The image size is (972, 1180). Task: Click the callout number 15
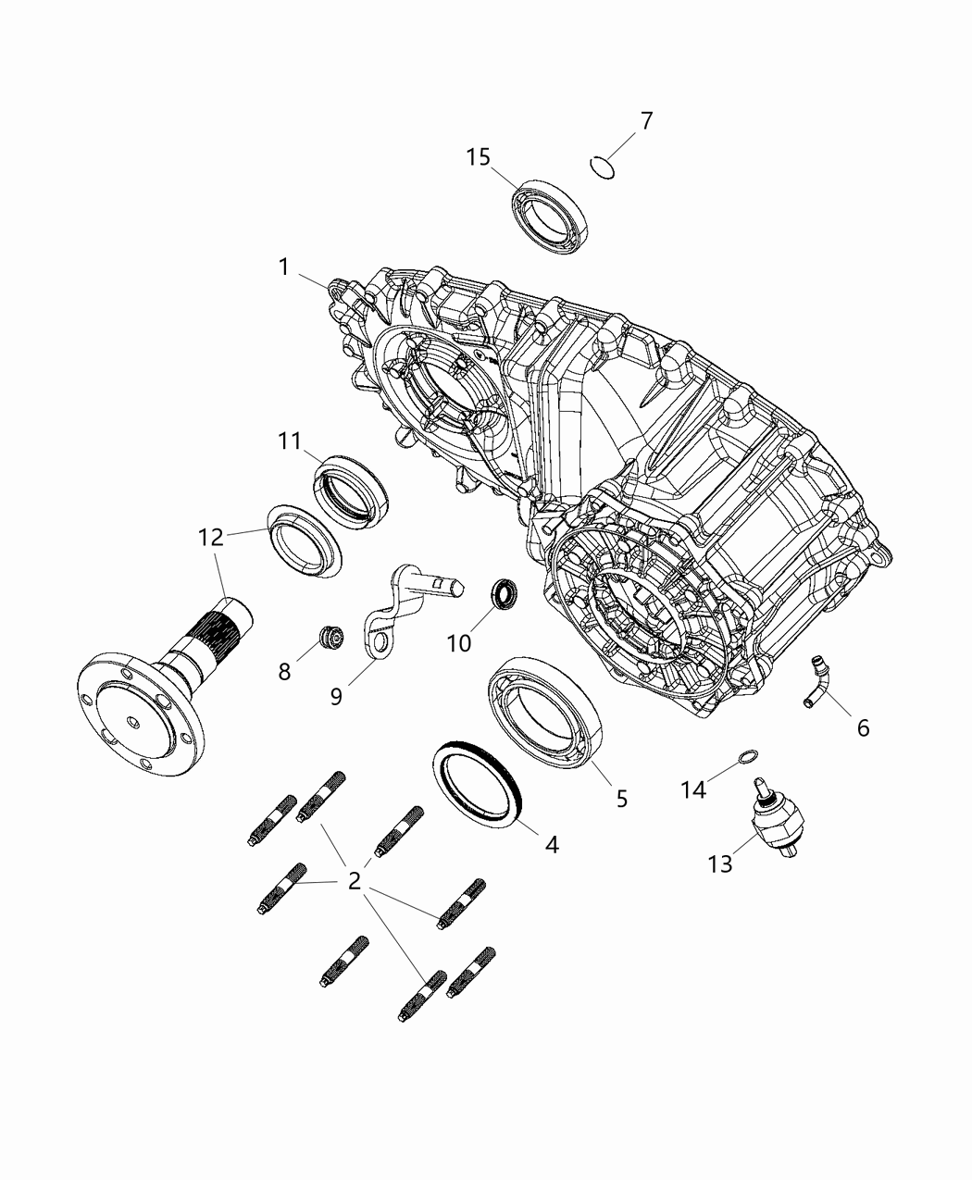[x=478, y=157]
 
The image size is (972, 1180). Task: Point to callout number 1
[x=284, y=267]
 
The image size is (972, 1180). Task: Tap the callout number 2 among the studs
[x=354, y=881]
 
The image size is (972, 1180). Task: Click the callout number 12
[x=212, y=537]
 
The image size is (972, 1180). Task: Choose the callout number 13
[x=720, y=863]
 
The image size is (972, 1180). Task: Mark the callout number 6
[x=863, y=728]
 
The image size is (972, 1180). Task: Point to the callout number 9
[x=336, y=696]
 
